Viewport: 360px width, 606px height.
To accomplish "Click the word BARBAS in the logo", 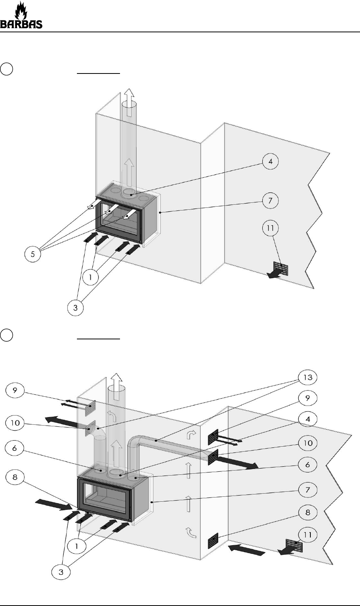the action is (21, 24).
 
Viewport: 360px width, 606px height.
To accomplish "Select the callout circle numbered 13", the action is (308, 377).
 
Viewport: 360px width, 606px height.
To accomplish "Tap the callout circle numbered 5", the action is (32, 254).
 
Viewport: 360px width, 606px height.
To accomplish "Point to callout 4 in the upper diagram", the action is (270, 162).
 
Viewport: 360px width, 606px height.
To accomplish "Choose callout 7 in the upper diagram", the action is (270, 200).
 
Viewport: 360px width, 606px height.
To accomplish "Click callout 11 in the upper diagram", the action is (270, 228).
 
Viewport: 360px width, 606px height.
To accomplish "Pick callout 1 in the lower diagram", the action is (77, 546).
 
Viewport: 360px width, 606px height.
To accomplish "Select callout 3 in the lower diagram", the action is (61, 572).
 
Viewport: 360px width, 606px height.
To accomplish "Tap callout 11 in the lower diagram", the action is (308, 534).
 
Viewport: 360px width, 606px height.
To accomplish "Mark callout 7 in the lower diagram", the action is (308, 490).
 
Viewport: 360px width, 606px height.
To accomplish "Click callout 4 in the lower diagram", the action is (308, 419).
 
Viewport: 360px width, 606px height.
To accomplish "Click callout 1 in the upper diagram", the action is (90, 277).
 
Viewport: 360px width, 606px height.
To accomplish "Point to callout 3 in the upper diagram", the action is (75, 307).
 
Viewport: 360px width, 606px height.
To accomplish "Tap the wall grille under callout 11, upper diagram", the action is (281, 269).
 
